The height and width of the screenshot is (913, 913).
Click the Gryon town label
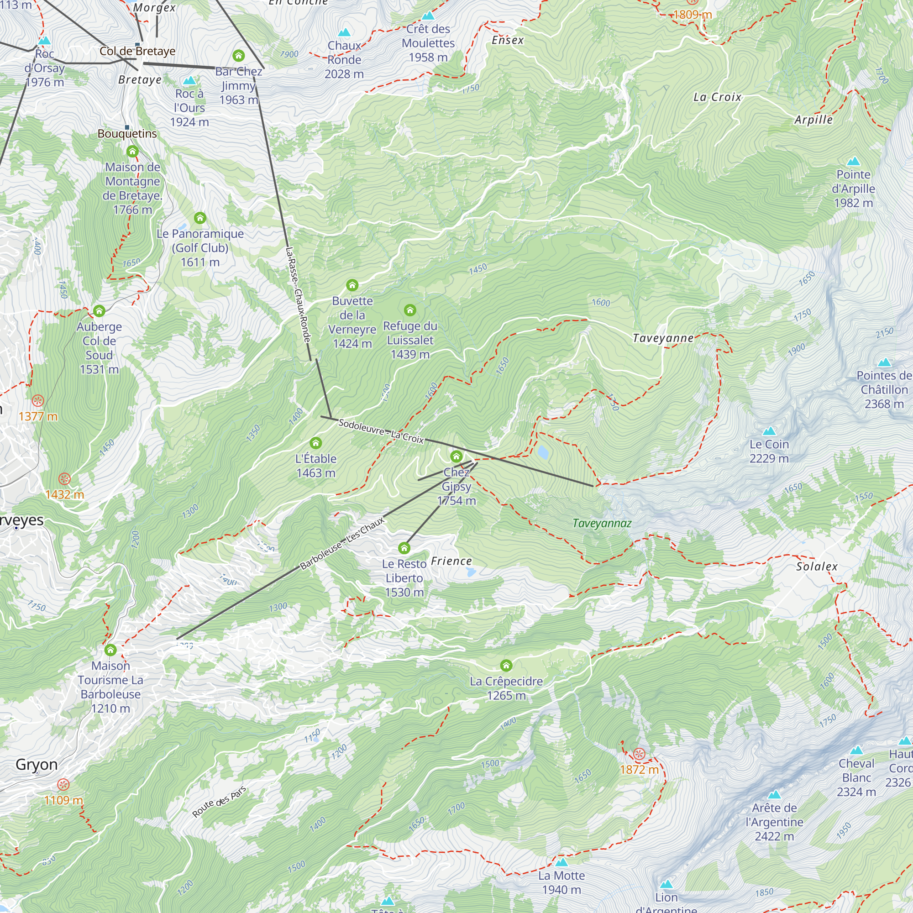(x=37, y=764)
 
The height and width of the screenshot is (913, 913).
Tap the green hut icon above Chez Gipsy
(x=456, y=456)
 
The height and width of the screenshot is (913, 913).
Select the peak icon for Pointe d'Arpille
(x=853, y=162)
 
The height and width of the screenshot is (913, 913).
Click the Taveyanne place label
(x=662, y=338)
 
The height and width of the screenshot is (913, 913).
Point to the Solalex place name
(x=817, y=566)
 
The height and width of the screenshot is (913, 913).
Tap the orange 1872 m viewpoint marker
(x=639, y=754)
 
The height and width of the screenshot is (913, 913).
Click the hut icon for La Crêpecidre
(x=506, y=666)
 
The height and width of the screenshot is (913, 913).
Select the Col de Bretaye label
(x=137, y=51)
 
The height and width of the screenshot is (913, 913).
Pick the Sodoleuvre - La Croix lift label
(x=381, y=431)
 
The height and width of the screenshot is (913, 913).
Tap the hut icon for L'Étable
(x=316, y=443)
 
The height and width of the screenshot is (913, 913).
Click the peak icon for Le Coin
(x=769, y=430)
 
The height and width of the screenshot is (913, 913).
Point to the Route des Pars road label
(x=219, y=802)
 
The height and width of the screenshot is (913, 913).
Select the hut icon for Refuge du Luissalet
(x=410, y=310)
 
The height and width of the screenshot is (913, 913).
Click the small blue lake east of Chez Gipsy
(x=542, y=452)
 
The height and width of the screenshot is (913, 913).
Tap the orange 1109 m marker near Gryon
(x=63, y=784)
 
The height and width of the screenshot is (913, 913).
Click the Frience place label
(x=451, y=561)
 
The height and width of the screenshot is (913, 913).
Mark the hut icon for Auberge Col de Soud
(x=99, y=310)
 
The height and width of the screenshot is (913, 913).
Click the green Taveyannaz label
(x=602, y=523)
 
